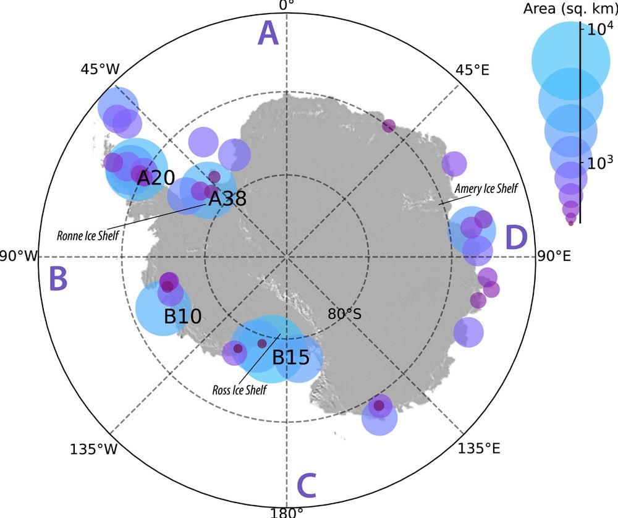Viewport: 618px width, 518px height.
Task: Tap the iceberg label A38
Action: [227, 198]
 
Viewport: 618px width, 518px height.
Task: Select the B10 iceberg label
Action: [182, 317]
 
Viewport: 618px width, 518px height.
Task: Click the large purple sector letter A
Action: [269, 33]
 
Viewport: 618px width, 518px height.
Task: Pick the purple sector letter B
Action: [58, 279]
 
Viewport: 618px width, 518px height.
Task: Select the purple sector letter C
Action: [307, 486]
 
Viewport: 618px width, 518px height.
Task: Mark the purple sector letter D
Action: [516, 239]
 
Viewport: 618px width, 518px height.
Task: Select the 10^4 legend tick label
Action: [599, 29]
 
